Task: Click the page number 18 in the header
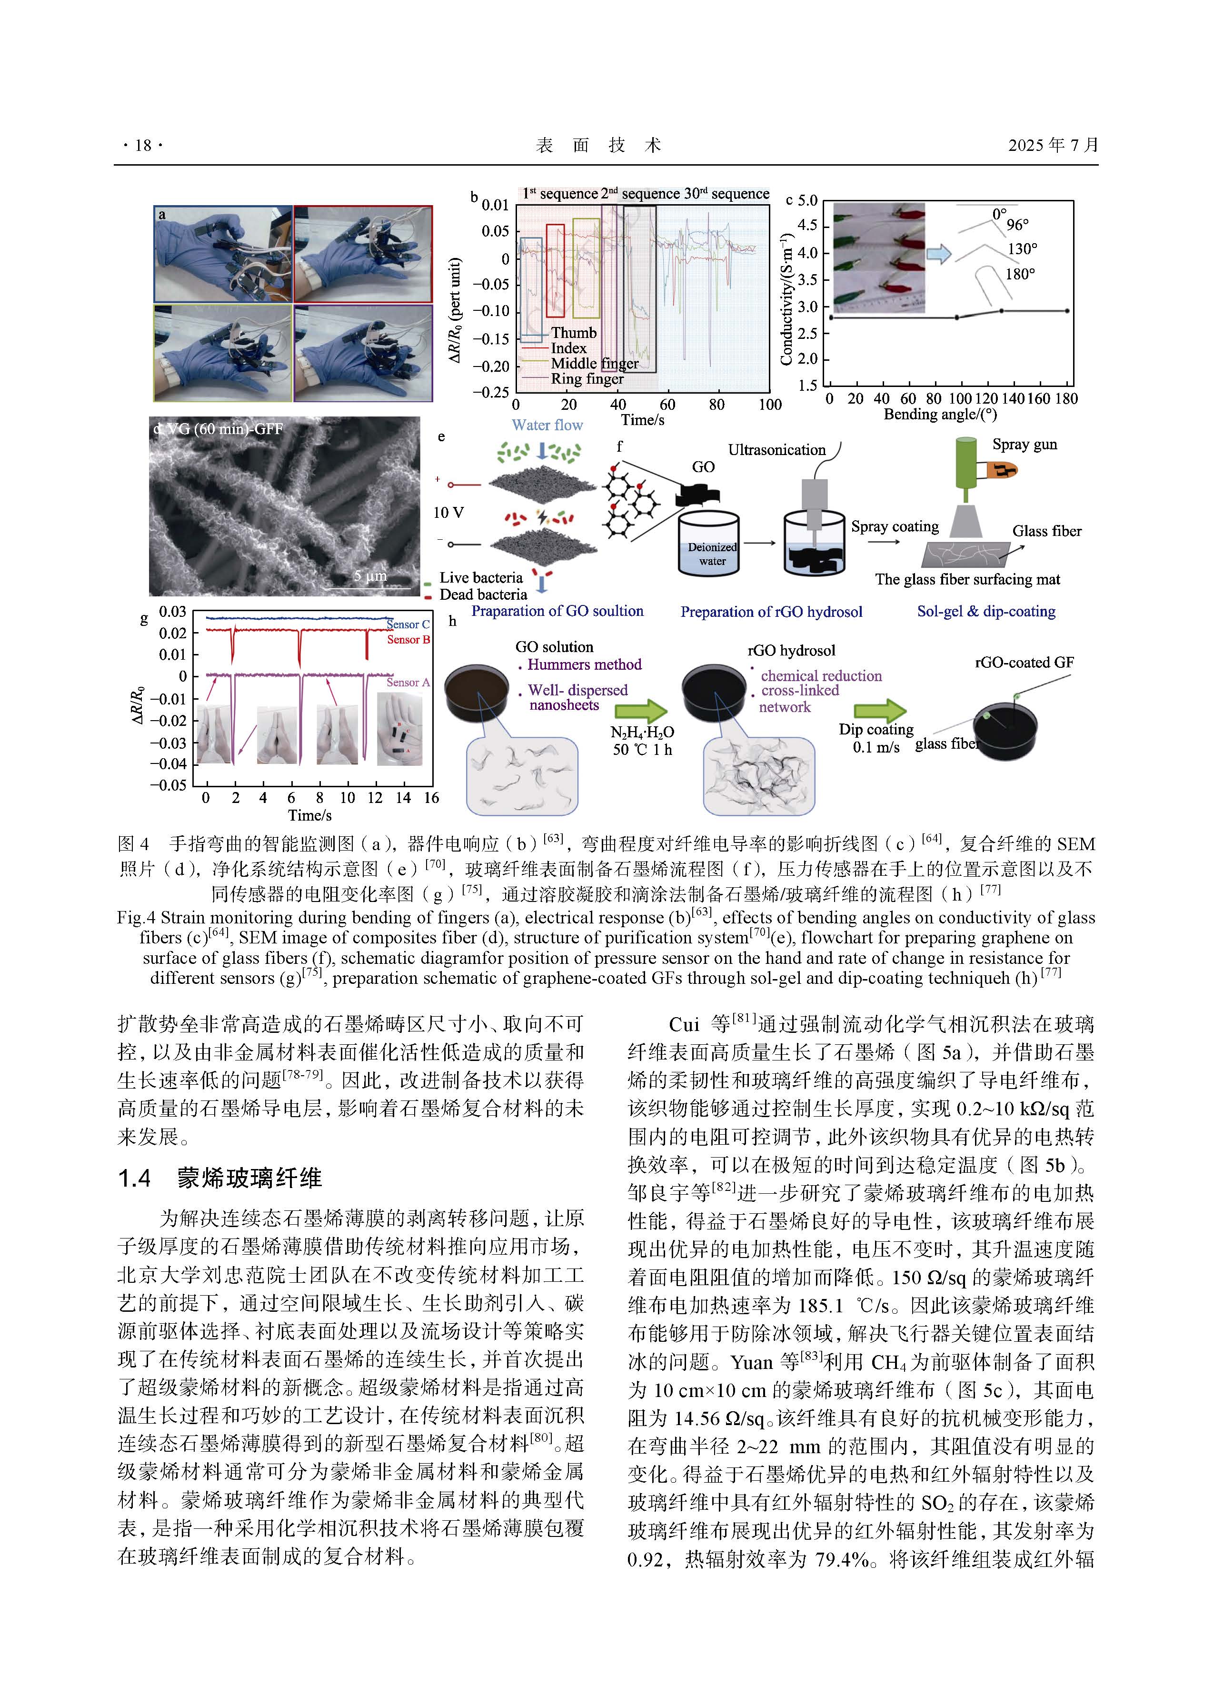(143, 145)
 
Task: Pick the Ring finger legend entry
(587, 379)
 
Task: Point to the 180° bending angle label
(1020, 274)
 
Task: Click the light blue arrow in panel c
(939, 254)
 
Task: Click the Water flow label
(547, 425)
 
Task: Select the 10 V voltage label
(448, 513)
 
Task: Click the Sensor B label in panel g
(408, 640)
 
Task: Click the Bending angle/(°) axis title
(940, 414)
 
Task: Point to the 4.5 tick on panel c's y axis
(807, 225)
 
